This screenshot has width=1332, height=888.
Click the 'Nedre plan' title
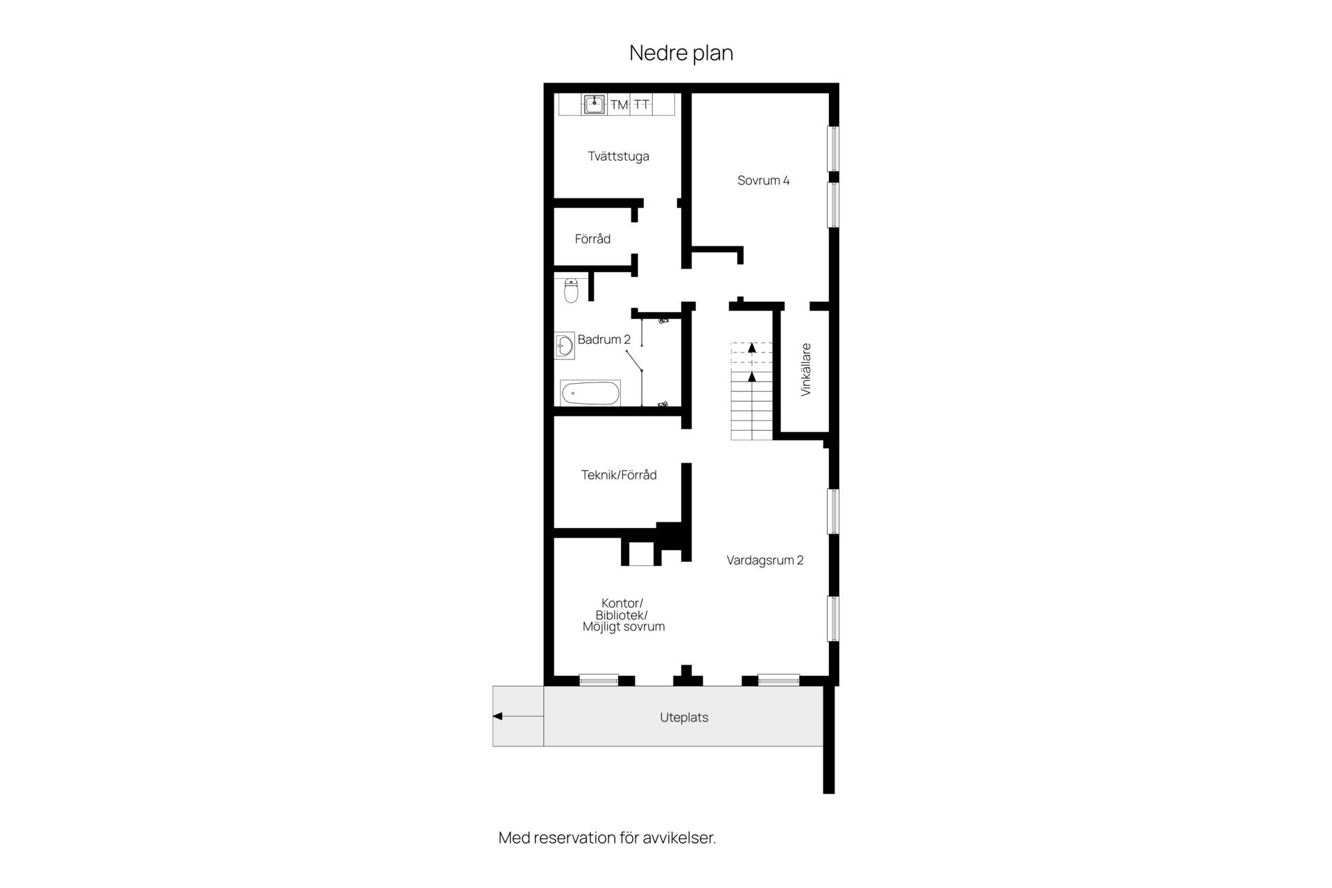[681, 53]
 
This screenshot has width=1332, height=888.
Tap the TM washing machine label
[619, 105]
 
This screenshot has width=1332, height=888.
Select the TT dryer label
[642, 105]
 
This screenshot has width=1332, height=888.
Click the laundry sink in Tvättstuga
[594, 104]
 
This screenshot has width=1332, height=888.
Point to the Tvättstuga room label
[618, 156]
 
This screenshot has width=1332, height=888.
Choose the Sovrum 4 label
[763, 180]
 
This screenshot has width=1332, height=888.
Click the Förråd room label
[592, 239]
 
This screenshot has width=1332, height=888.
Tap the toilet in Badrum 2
[571, 291]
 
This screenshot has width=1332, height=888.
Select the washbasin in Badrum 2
[565, 345]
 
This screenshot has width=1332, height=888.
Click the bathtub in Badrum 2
[590, 393]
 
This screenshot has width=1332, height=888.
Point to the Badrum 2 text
[604, 339]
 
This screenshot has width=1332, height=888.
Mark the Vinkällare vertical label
[805, 370]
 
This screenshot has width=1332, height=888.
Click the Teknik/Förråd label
[619, 475]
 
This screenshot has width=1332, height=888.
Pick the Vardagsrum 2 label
[765, 560]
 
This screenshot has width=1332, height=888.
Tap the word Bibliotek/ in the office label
[622, 615]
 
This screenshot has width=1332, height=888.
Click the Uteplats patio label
[684, 717]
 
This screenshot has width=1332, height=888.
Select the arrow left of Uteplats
[518, 716]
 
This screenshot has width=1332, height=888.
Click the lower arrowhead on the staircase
[751, 377]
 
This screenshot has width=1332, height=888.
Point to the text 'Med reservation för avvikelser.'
[607, 837]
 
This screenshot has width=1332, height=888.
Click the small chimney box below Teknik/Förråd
[641, 553]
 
